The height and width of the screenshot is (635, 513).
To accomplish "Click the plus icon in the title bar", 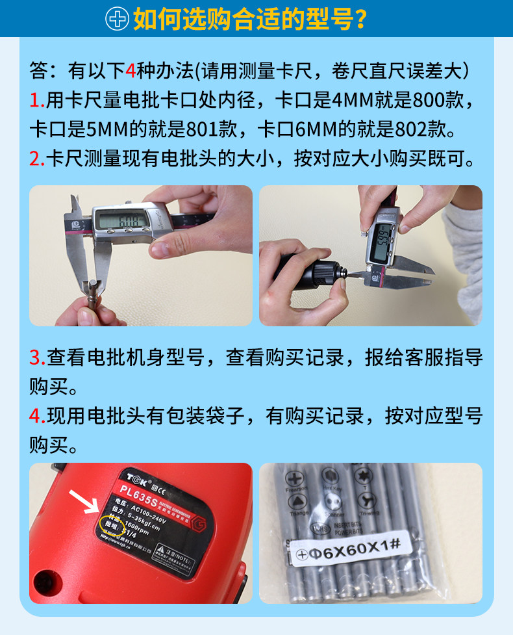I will [x=118, y=19].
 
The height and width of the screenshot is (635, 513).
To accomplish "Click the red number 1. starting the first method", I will [x=36, y=101].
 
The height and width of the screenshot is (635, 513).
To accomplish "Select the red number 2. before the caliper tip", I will [x=36, y=159].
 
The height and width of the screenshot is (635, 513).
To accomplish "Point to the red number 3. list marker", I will [x=36, y=358].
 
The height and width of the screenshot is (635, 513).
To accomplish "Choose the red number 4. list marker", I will [x=36, y=416].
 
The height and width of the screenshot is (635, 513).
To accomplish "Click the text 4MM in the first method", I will [x=351, y=101].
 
